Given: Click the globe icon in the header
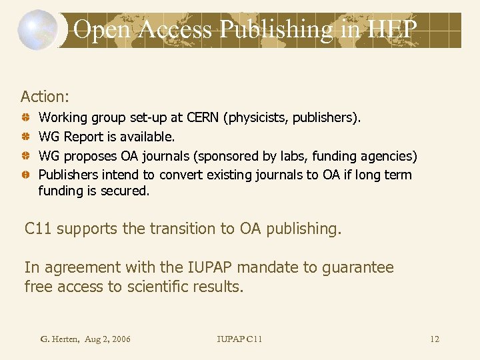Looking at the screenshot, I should click(x=37, y=30).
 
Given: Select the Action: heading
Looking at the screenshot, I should click(x=45, y=97).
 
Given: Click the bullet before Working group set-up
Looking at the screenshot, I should click(x=24, y=118).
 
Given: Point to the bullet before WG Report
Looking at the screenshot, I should click(x=24, y=137).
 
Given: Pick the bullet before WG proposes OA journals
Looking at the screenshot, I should click(x=24, y=157).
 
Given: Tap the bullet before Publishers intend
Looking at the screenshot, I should click(x=24, y=175).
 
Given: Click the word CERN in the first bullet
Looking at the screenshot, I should click(x=204, y=118).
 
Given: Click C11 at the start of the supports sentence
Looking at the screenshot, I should click(x=39, y=229).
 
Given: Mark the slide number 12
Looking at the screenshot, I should click(x=435, y=339).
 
